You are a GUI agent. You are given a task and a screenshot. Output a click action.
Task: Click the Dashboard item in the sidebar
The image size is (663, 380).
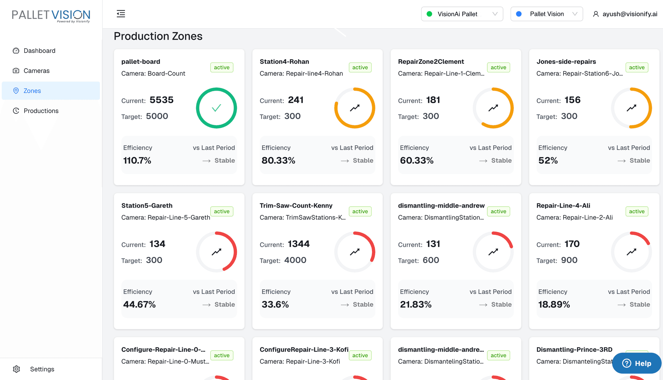pyautogui.click(x=39, y=51)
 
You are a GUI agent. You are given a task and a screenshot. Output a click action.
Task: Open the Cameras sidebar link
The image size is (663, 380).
pyautogui.click(x=36, y=71)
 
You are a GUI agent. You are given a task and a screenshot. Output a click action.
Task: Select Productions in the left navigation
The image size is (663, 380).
pyautogui.click(x=41, y=111)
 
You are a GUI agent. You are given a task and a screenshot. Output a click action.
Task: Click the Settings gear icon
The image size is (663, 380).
pyautogui.click(x=16, y=369)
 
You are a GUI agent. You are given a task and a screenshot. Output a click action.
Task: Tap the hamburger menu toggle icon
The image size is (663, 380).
pyautogui.click(x=121, y=14)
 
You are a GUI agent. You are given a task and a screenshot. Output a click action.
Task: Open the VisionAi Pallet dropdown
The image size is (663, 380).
pyautogui.click(x=462, y=14)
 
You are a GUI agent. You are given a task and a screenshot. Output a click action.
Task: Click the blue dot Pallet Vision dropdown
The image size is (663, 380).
pyautogui.click(x=546, y=14)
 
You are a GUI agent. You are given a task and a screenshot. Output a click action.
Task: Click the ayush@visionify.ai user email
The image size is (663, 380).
pyautogui.click(x=630, y=14)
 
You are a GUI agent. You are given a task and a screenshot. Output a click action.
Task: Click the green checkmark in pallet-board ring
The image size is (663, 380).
pyautogui.click(x=217, y=108)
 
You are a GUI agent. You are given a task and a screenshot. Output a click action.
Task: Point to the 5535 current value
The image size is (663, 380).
pyautogui.click(x=161, y=100)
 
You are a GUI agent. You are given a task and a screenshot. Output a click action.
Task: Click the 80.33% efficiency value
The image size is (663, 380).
pyautogui.click(x=278, y=160)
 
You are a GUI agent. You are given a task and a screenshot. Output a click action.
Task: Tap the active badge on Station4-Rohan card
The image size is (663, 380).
pyautogui.click(x=360, y=68)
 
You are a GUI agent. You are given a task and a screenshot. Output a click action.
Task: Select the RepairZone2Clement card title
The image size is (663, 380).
pyautogui.click(x=431, y=62)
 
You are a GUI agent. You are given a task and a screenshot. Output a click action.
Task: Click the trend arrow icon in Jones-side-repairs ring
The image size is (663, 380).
pyautogui.click(x=631, y=108)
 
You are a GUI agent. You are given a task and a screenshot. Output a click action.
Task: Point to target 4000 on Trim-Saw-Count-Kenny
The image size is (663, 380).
pyautogui.click(x=295, y=260)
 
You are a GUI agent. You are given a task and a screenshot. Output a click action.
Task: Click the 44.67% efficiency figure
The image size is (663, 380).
pyautogui.click(x=140, y=304)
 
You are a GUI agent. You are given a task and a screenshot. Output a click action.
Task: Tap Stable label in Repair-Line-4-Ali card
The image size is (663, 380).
pyautogui.click(x=640, y=304)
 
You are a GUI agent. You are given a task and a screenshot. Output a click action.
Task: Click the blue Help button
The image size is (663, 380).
pyautogui.click(x=636, y=363)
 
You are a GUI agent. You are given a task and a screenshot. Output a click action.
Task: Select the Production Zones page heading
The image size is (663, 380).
pyautogui.click(x=158, y=36)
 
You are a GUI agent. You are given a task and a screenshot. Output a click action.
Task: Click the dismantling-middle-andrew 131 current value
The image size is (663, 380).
pyautogui.click(x=433, y=244)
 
